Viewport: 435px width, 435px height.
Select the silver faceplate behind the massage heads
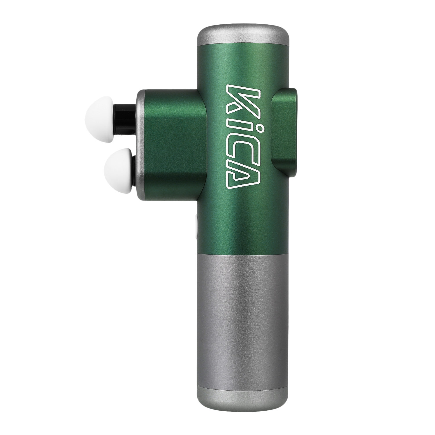[140, 145]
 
